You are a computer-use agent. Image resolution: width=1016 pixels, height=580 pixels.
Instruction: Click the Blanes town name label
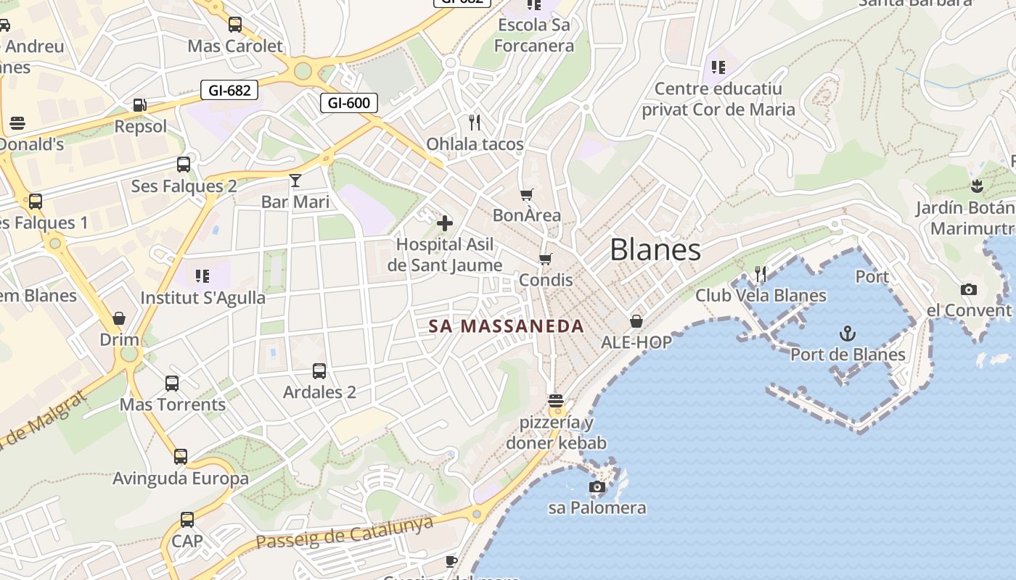pyautogui.click(x=655, y=250)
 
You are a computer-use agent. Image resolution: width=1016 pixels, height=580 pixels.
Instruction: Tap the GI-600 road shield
pyautogui.click(x=349, y=103)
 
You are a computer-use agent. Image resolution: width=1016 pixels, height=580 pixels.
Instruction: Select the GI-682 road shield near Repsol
pyautogui.click(x=229, y=91)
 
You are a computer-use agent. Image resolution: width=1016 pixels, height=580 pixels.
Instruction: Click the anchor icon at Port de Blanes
pyautogui.click(x=848, y=333)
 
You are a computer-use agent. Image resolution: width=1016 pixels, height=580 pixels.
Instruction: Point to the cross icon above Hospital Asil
pyautogui.click(x=445, y=223)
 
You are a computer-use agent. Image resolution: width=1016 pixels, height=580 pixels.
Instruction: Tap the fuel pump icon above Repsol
pyautogui.click(x=139, y=105)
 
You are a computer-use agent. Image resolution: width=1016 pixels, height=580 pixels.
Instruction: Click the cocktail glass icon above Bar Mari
pyautogui.click(x=295, y=181)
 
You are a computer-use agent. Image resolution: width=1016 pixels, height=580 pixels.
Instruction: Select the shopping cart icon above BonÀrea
pyautogui.click(x=527, y=194)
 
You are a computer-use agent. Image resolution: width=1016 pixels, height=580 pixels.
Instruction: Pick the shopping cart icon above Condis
pyautogui.click(x=546, y=259)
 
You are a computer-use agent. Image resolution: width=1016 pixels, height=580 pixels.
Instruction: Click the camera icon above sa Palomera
pyautogui.click(x=597, y=486)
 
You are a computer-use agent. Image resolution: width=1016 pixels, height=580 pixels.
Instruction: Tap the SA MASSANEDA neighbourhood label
pyautogui.click(x=507, y=326)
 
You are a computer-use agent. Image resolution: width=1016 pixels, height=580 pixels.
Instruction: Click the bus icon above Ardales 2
pyautogui.click(x=319, y=371)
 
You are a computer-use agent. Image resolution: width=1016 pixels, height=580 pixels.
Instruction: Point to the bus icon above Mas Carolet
pyautogui.click(x=235, y=25)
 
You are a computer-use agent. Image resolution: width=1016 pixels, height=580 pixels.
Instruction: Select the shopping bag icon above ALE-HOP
pyautogui.click(x=636, y=320)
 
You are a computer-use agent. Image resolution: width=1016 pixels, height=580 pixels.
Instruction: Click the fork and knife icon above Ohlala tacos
pyautogui.click(x=475, y=122)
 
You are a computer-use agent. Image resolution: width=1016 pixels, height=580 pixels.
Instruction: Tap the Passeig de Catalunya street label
pyautogui.click(x=345, y=532)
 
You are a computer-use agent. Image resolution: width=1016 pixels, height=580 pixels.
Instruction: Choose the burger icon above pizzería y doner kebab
pyautogui.click(x=556, y=401)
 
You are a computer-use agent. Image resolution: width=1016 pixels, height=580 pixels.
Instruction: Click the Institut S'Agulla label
pyautogui.click(x=203, y=298)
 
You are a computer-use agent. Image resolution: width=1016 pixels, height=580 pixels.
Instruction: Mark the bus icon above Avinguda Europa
pyautogui.click(x=181, y=457)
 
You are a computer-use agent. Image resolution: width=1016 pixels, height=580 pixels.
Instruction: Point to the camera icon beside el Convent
pyautogui.click(x=969, y=290)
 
